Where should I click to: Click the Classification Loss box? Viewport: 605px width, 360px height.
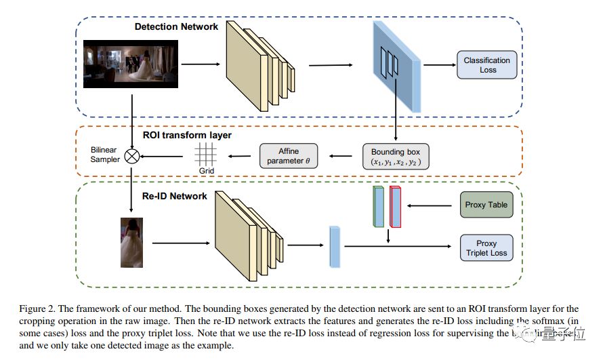click(x=487, y=65)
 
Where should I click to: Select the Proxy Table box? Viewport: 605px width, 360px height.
click(x=486, y=204)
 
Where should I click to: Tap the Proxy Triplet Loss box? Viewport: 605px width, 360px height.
click(x=486, y=249)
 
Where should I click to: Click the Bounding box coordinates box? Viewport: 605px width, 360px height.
click(x=396, y=157)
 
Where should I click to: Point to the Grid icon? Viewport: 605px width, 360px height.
click(x=205, y=155)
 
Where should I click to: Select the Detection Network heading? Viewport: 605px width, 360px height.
click(x=176, y=26)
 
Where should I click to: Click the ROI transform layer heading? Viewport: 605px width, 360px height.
click(x=186, y=136)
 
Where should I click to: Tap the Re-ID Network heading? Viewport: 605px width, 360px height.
click(x=174, y=196)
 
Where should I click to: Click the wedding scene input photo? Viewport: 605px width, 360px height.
click(x=131, y=65)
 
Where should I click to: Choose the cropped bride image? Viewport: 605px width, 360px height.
click(x=132, y=242)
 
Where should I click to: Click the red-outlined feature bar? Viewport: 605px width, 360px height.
click(x=396, y=206)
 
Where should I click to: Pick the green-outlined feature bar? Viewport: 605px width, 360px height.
click(x=378, y=206)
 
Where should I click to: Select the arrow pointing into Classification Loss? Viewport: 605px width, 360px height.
click(x=438, y=65)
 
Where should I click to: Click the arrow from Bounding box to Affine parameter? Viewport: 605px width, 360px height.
click(x=342, y=157)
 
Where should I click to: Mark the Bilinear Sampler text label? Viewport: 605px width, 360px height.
click(x=104, y=154)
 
